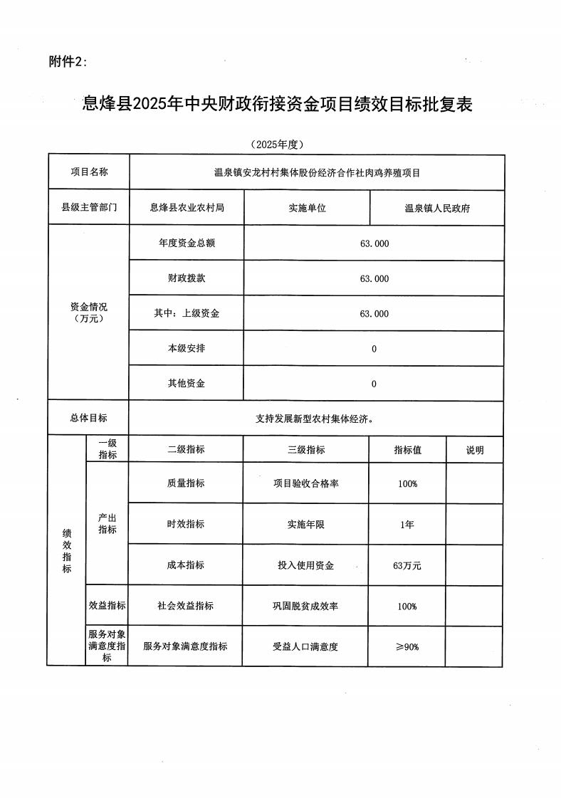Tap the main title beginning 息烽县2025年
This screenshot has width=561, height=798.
click(x=278, y=105)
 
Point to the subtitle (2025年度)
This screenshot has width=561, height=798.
click(x=278, y=145)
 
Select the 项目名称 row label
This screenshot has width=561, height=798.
click(x=89, y=172)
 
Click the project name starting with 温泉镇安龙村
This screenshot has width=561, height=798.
click(x=317, y=172)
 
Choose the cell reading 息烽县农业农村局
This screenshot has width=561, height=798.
click(x=187, y=208)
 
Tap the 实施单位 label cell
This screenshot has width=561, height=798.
click(x=307, y=208)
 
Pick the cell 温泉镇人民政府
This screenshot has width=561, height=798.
click(x=437, y=209)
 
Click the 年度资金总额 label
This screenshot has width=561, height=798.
click(x=187, y=243)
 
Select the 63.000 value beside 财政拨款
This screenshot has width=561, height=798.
click(x=374, y=278)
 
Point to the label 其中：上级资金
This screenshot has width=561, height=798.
click(x=187, y=313)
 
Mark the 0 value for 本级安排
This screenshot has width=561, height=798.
click(x=374, y=349)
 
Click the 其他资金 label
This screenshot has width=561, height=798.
click(x=187, y=384)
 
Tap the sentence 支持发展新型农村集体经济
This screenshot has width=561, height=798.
click(x=315, y=419)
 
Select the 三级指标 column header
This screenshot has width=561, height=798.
click(x=306, y=450)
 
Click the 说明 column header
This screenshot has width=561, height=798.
click(x=474, y=450)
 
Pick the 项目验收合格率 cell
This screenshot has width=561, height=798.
click(x=306, y=483)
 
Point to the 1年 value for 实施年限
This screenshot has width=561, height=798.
click(x=407, y=525)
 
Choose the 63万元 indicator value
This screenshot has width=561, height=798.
click(x=407, y=566)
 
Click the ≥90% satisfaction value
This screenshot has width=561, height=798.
click(x=407, y=646)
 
